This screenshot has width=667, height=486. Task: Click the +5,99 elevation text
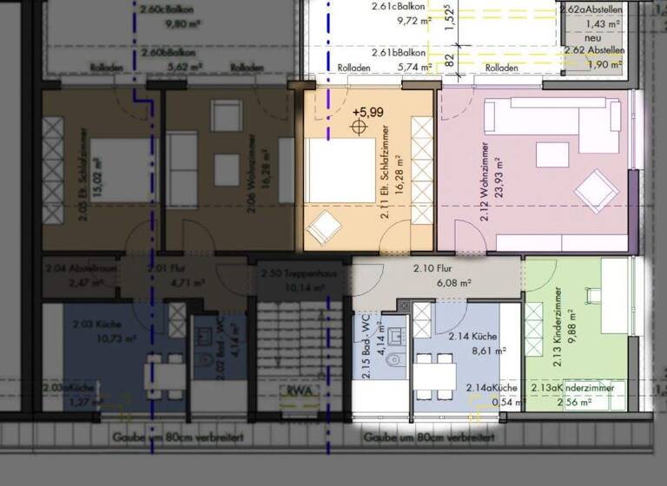tap(367, 113)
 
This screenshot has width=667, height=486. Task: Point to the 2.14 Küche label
tap(472, 335)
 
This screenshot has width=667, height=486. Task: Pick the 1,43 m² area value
tap(603, 23)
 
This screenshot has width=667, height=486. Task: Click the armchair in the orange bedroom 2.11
tap(323, 227)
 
